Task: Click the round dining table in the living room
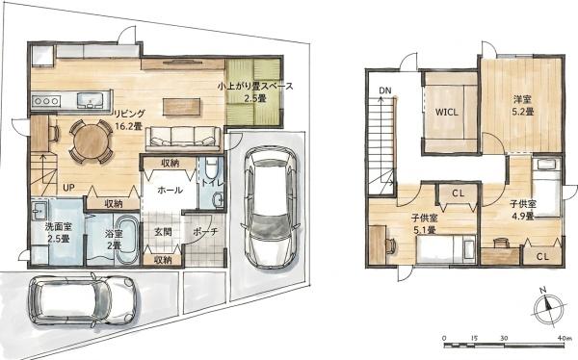coord(91,141)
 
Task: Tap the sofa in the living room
coord(184,139)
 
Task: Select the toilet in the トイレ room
coord(211,167)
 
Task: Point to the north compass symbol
coord(549,306)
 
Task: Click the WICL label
coord(447,112)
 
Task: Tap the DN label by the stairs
coord(385,90)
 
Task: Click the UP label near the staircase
coord(68,188)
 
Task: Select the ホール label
coord(170,191)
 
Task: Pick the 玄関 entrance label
coord(163,232)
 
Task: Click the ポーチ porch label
coord(206,232)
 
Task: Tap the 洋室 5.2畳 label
coord(523,105)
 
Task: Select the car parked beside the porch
coord(271,207)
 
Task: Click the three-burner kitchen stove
coord(46,101)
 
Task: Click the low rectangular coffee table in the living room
coord(182,107)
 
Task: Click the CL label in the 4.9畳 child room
coord(542,256)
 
